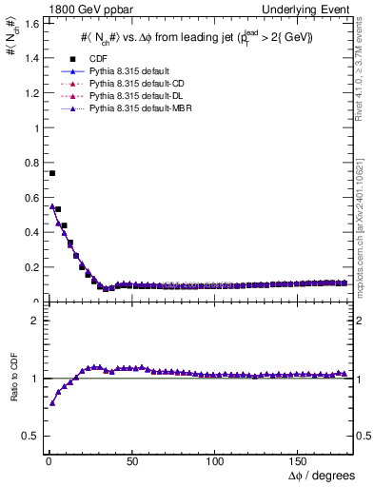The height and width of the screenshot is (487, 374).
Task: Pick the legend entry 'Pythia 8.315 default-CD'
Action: pos(136,85)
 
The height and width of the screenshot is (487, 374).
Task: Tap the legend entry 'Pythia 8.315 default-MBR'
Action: pos(139,110)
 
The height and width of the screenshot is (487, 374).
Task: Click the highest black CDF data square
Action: pos(52,173)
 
